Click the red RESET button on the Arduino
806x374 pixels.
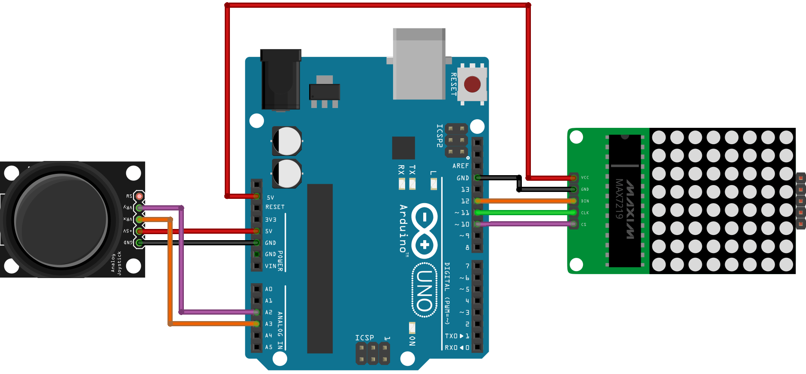472,84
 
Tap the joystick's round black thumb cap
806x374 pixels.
61,219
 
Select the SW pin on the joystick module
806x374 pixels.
139,196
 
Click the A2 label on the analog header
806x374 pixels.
269,312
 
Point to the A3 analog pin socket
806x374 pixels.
257,324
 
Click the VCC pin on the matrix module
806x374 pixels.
573,177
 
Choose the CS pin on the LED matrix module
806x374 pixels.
573,224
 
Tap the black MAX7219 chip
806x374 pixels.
625,201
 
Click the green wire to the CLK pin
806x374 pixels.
525,212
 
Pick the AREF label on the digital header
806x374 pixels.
460,166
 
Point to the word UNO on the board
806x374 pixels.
425,290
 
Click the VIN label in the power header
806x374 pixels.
270,266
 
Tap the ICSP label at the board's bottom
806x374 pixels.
364,338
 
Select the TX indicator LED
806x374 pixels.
412,184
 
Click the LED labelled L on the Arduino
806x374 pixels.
434,184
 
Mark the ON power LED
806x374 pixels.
412,328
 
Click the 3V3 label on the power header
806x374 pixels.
270,219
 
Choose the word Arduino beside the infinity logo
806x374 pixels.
403,228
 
